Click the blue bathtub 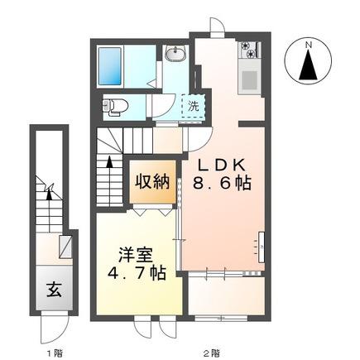(x=110, y=66)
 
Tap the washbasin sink (x=175, y=53)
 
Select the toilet (x=115, y=107)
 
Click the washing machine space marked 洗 (x=194, y=106)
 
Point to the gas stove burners (x=250, y=50)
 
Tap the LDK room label (x=223, y=166)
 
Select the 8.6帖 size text (x=222, y=183)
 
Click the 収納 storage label (x=152, y=182)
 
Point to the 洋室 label (x=136, y=255)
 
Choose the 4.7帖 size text (x=137, y=273)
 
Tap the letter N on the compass (x=309, y=45)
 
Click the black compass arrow (x=309, y=65)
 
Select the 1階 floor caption (x=55, y=353)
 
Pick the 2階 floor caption (x=212, y=353)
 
